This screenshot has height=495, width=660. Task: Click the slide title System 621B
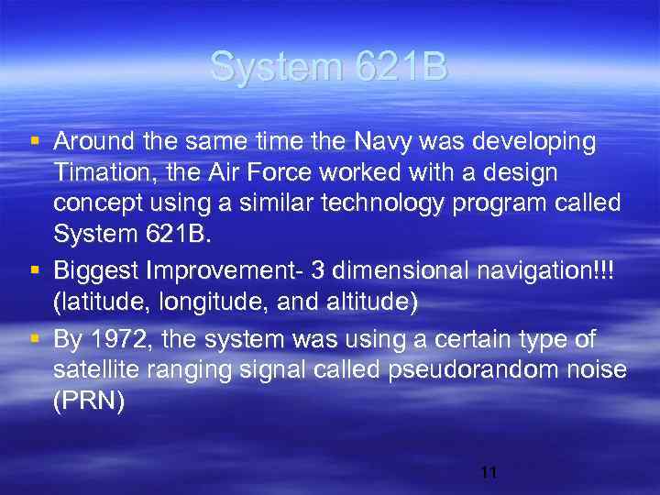329,67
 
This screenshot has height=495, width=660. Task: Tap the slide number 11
489,473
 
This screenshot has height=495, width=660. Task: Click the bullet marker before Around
35,142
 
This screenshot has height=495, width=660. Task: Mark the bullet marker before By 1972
35,339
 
